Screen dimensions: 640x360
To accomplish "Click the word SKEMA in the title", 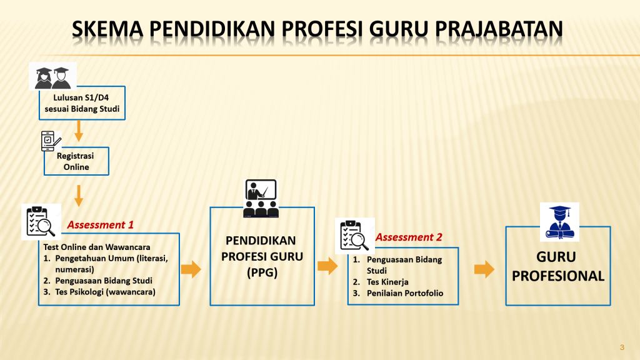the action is tap(107, 29).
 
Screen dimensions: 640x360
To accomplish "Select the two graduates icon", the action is tap(52, 76).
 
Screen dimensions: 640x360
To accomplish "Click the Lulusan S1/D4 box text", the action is tap(82, 103).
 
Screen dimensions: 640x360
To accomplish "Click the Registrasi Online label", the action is tap(76, 162).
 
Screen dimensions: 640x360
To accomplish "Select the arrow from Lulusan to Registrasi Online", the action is tap(79, 131).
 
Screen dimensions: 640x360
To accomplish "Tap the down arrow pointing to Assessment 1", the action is tap(79, 196).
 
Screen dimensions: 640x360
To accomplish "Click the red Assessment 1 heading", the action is tap(101, 225).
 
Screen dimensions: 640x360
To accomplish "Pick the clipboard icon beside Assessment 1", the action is tap(41, 222).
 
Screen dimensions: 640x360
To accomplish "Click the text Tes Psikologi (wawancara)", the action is tap(105, 292).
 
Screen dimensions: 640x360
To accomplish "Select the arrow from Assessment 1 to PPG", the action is tap(191, 269).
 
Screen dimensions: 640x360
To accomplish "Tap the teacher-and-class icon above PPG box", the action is tap(261, 198).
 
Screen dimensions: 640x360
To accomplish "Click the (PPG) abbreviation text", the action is tap(262, 272).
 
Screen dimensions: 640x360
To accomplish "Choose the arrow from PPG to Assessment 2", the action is tap(327, 266).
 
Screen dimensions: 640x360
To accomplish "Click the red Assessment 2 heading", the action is tap(409, 237).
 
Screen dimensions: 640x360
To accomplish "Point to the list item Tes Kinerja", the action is tap(387, 282).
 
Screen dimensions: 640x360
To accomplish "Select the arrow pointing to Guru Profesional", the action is tap(484, 269).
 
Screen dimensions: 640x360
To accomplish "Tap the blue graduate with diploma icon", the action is tap(559, 222).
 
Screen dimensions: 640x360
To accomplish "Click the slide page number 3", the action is tap(622, 347).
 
